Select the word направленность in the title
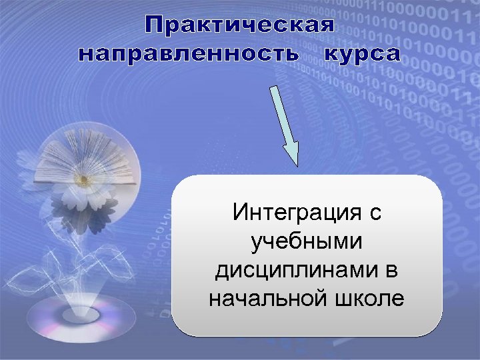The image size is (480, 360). [189, 54]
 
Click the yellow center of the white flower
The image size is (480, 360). [83, 180]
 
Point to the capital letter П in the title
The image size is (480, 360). [155, 26]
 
